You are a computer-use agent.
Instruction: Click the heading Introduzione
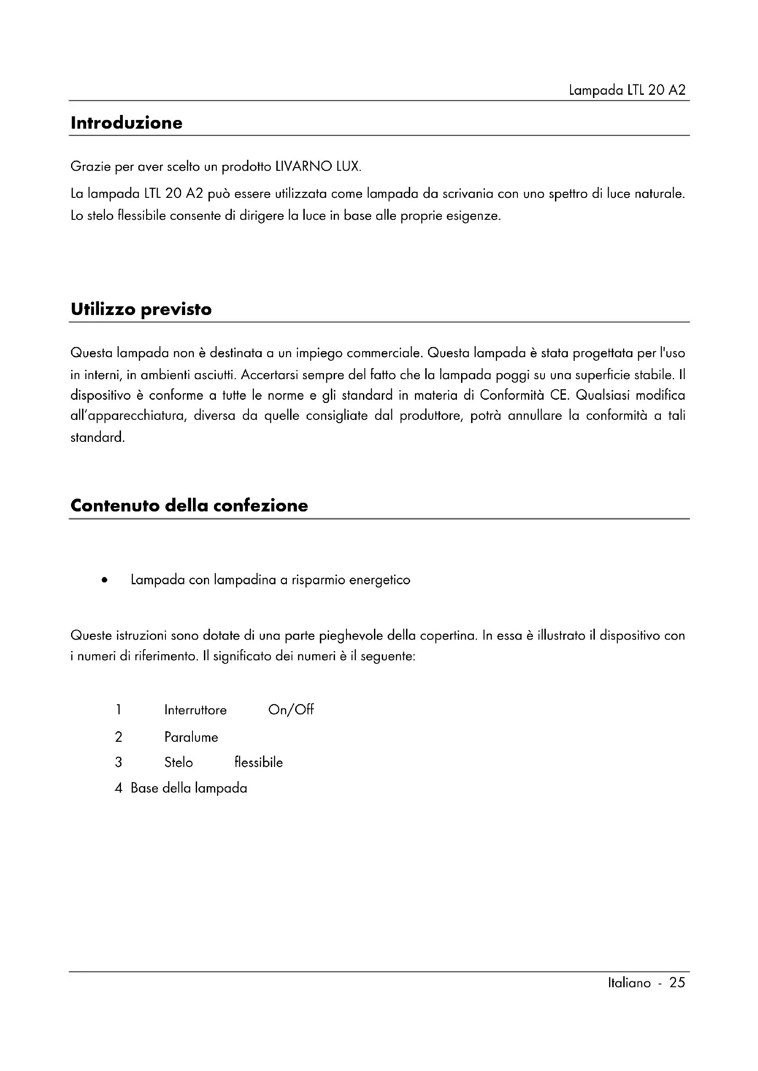(126, 123)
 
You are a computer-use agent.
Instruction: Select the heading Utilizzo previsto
(141, 309)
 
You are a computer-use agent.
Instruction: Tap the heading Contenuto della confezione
(189, 506)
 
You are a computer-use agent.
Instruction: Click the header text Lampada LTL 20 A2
(627, 90)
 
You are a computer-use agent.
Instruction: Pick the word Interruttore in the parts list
(196, 710)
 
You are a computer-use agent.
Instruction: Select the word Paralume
(192, 738)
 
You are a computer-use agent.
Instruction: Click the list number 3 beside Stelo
(119, 763)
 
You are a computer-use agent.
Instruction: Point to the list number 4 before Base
(119, 788)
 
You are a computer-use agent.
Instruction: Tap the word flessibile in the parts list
(258, 763)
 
